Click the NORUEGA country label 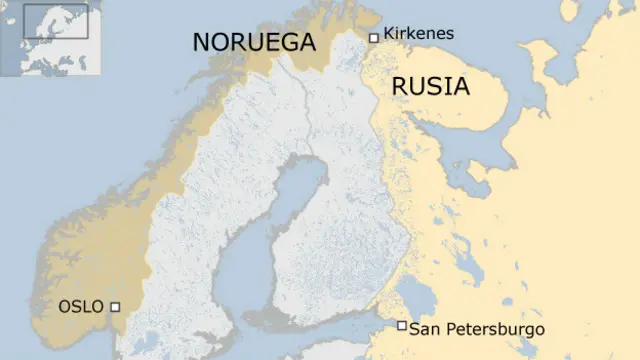[254, 42]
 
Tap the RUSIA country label [430, 86]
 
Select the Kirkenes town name [418, 34]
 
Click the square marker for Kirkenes [374, 37]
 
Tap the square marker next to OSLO [115, 307]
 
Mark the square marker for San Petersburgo [401, 326]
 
